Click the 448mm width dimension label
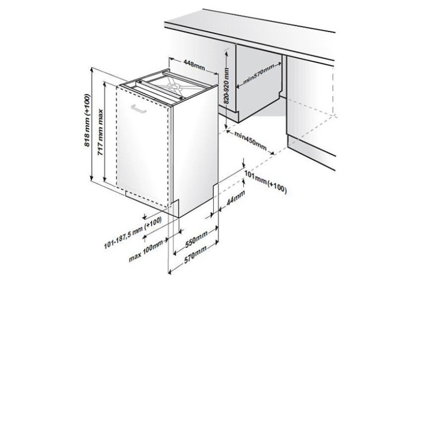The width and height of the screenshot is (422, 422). point(194,65)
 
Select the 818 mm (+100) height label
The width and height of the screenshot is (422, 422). point(87,120)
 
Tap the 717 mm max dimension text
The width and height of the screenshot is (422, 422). point(100,132)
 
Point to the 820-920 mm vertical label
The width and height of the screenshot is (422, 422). point(227,86)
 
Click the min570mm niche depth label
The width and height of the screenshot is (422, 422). point(259,74)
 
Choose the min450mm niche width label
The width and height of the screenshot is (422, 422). point(250,141)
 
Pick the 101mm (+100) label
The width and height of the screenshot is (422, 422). point(265,182)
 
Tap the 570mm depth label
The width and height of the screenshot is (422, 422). point(195,254)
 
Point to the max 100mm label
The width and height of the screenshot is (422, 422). point(146,251)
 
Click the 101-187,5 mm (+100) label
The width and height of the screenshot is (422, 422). point(133,233)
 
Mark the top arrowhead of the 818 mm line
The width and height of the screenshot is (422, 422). point(92,70)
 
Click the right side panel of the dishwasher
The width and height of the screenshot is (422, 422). point(196,151)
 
